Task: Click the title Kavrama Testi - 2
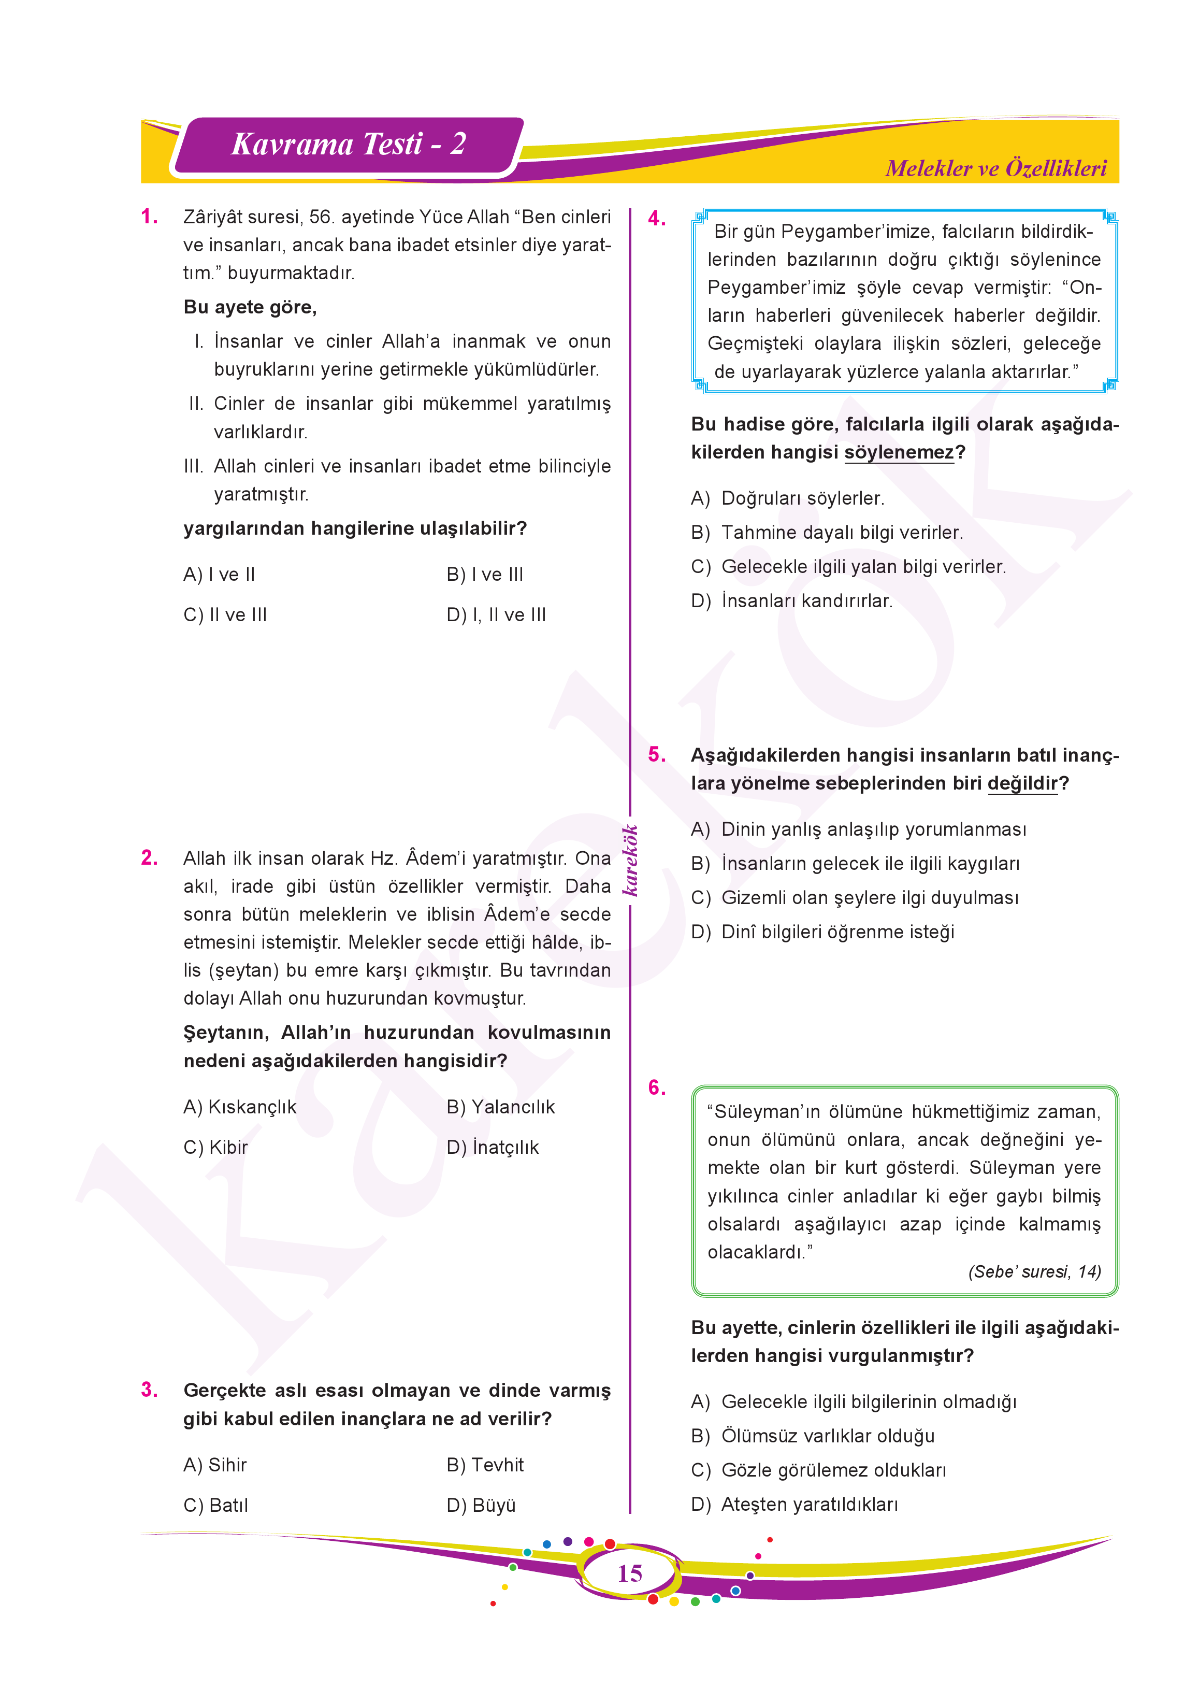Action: click(349, 144)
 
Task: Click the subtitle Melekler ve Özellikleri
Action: click(995, 168)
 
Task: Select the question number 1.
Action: click(149, 217)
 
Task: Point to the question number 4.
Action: click(656, 219)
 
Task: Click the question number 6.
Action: click(656, 1087)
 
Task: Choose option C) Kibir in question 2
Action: click(215, 1147)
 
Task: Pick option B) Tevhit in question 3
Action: click(485, 1465)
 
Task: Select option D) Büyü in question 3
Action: click(481, 1505)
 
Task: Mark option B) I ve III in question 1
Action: click(485, 574)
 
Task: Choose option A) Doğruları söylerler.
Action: click(788, 498)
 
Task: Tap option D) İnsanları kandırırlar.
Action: click(792, 601)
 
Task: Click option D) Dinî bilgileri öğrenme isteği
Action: click(822, 932)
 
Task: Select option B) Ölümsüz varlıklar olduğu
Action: click(813, 1436)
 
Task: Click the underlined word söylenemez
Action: click(899, 452)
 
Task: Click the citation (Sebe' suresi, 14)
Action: click(1034, 1272)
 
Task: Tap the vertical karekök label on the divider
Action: click(630, 861)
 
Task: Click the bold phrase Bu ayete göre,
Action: click(250, 307)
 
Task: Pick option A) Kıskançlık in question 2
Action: click(240, 1106)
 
